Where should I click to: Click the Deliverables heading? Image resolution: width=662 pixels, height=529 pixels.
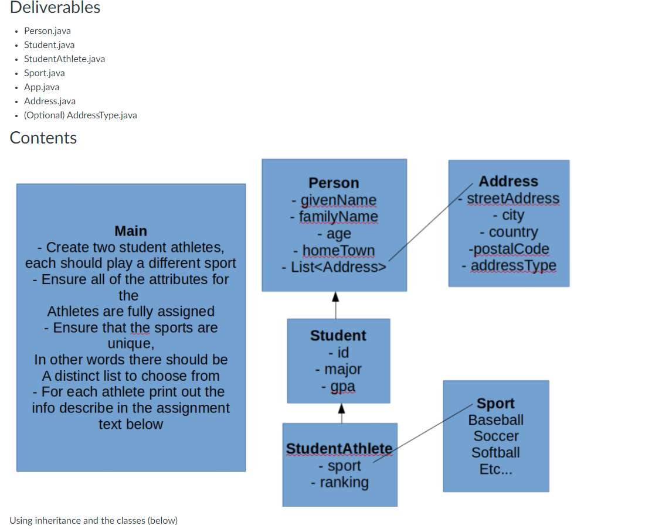click(55, 8)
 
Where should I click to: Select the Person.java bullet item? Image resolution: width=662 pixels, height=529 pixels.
click(47, 30)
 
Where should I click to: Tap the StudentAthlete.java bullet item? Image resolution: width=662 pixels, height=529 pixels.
click(64, 59)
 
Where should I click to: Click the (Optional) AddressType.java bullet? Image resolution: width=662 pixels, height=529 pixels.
click(80, 115)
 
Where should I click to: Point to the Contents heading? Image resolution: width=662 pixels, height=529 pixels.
click(43, 138)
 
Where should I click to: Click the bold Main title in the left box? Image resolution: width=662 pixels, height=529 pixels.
click(131, 231)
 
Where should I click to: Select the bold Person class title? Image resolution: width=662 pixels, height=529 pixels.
click(334, 183)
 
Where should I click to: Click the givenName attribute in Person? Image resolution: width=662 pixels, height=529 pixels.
click(338, 200)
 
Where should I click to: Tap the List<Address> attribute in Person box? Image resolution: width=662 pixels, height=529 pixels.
click(334, 267)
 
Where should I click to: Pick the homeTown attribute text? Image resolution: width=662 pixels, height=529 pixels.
click(338, 250)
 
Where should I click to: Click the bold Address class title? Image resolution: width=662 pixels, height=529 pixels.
click(508, 181)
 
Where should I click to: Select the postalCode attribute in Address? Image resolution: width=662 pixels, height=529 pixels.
click(508, 249)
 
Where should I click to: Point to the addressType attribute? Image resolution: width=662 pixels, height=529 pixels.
click(512, 265)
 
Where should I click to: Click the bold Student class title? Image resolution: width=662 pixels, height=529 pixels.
click(338, 335)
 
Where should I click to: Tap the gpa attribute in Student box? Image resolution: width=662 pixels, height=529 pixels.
click(342, 386)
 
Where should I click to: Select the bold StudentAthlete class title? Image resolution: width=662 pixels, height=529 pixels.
click(339, 448)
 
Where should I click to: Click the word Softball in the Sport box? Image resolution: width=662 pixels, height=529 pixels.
click(495, 452)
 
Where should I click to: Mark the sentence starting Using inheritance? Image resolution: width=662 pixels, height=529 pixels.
click(93, 520)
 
